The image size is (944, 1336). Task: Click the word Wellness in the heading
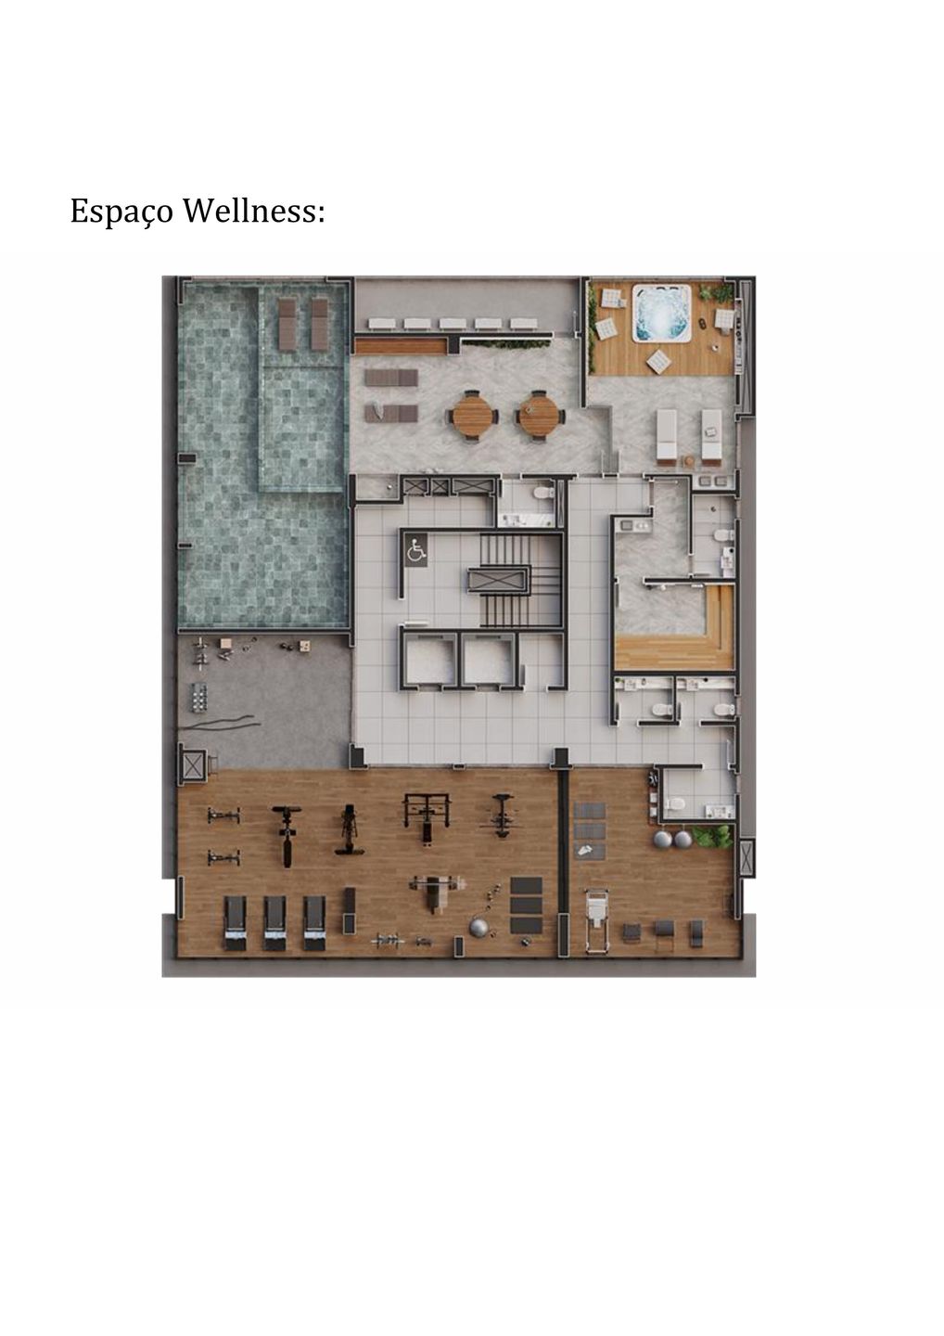click(253, 212)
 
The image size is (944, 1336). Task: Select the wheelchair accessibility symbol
click(415, 552)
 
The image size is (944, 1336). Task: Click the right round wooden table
click(540, 414)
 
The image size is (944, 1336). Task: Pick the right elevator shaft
click(488, 660)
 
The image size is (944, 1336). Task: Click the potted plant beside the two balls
click(714, 837)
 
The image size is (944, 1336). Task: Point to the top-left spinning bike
click(223, 816)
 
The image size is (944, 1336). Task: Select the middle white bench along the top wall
click(453, 324)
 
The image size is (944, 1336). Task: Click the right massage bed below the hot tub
click(710, 434)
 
